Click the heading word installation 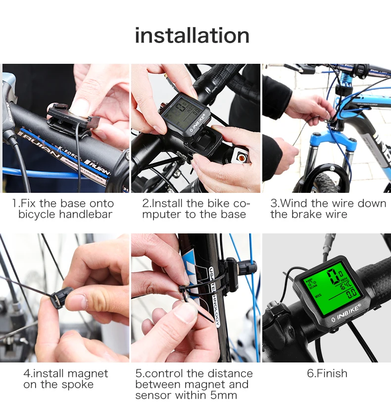click(192, 36)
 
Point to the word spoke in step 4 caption click(77, 385)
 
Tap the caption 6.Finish click(327, 373)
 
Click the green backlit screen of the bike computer click(331, 287)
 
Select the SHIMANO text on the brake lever click(9, 112)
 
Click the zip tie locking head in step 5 click(182, 289)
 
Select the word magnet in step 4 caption click(88, 374)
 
